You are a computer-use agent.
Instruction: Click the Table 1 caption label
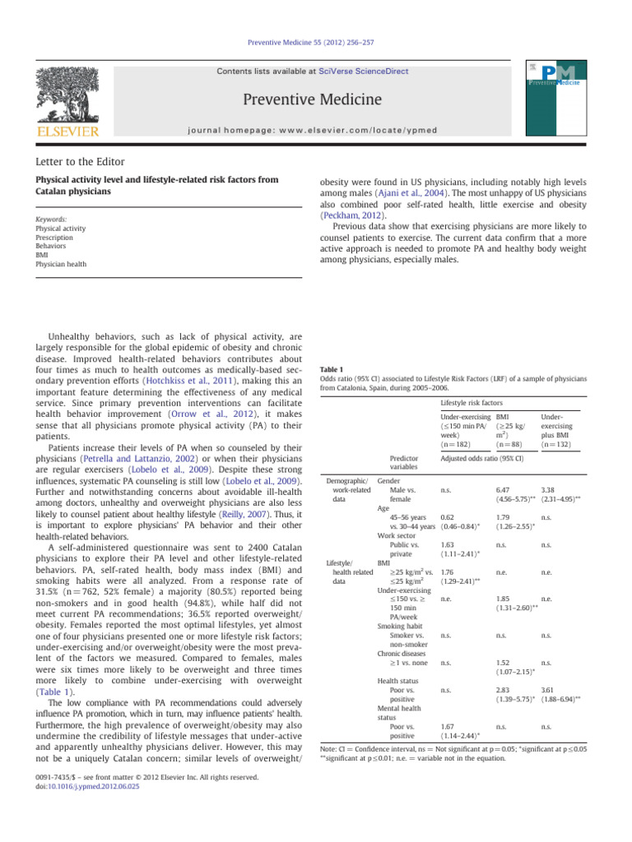click(330, 369)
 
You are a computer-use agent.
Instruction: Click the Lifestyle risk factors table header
click(473, 404)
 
